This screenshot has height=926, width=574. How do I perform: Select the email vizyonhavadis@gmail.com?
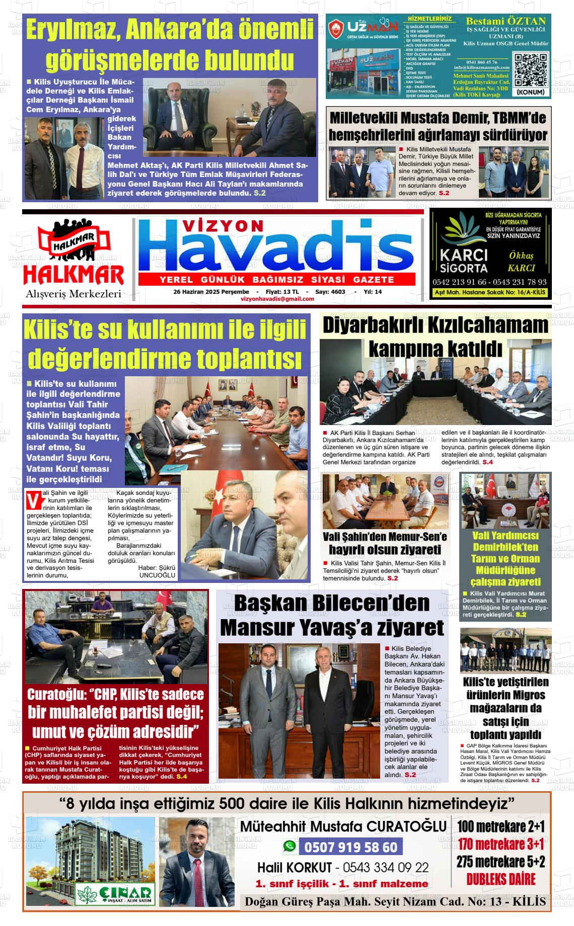click(277, 299)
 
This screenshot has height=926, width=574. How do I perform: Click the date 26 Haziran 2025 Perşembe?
click(211, 292)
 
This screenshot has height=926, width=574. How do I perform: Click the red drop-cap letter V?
click(34, 501)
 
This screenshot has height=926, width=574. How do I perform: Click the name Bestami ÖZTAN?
click(506, 21)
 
